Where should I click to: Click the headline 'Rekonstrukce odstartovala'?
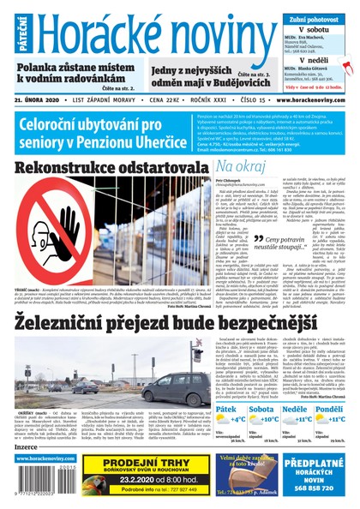[x=106, y=167]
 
